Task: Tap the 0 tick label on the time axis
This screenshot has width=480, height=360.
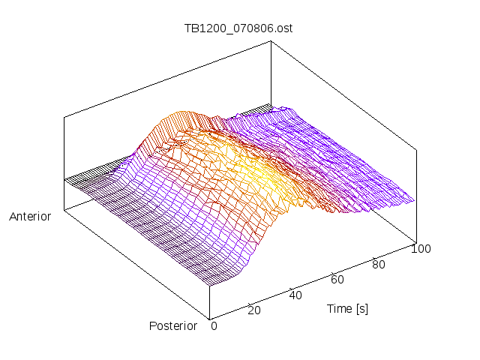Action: [x=214, y=325]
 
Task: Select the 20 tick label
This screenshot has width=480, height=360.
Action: [x=254, y=310]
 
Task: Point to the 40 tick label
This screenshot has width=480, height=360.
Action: [x=295, y=295]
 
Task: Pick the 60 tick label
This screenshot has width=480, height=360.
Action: [x=337, y=280]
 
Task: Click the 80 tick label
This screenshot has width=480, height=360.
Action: [x=379, y=264]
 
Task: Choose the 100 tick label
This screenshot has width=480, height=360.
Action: [x=421, y=249]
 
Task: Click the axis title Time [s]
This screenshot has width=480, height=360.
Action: [x=347, y=308]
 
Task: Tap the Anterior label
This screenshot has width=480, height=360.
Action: [x=30, y=217]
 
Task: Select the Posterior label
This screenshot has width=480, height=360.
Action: [x=173, y=325]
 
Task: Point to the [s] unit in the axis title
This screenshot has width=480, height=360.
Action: [x=361, y=308]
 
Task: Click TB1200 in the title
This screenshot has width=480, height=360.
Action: [x=202, y=29]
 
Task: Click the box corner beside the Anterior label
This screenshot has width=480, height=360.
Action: [x=64, y=209]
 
